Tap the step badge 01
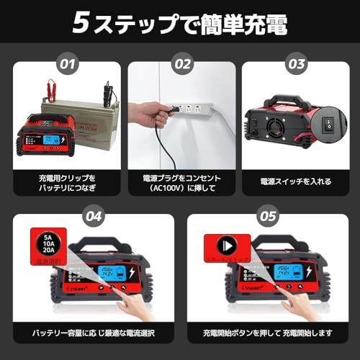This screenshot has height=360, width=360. (68, 64)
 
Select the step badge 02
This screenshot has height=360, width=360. (181, 64)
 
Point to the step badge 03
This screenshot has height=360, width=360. (294, 64)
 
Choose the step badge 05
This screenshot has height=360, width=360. (266, 215)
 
